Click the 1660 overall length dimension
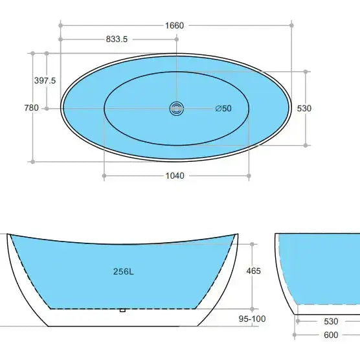[175, 25]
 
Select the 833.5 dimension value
[117, 39]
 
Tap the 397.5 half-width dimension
[45, 80]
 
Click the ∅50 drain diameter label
[223, 108]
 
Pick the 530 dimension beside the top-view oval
[304, 108]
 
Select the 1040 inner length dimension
[175, 175]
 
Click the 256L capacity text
[123, 272]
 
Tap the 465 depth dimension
[254, 271]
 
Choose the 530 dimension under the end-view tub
[330, 321]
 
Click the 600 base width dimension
[330, 335]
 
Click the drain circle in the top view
[176, 108]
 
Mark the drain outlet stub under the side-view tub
[122, 310]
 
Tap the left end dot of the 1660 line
[60, 25]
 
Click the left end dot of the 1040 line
[104, 175]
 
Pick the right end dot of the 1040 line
[249, 175]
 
